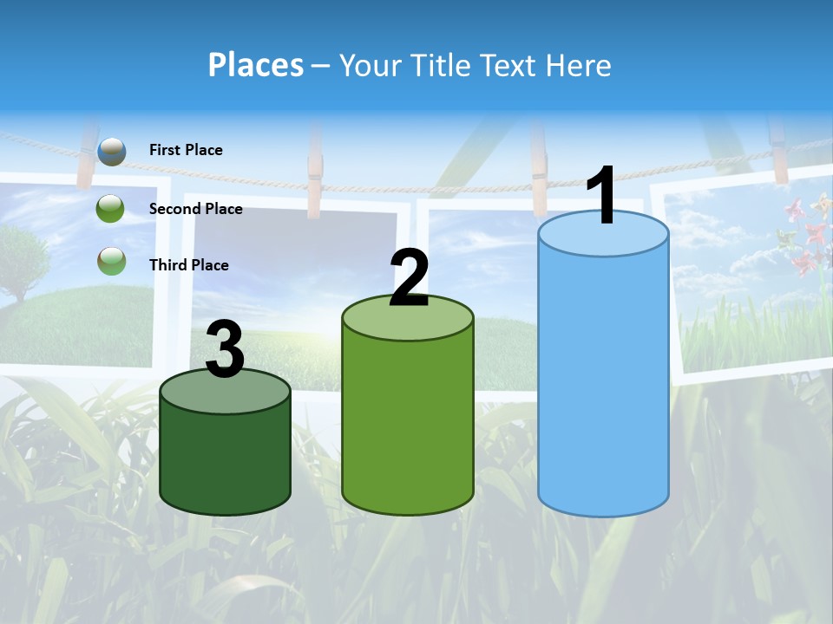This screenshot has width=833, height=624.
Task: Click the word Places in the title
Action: pos(256,65)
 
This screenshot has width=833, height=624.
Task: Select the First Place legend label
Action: pos(186,150)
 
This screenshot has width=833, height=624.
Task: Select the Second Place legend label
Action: pos(195,209)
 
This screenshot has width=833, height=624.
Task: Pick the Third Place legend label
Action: pos(188,265)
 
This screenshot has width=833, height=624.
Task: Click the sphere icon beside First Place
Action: pos(111,151)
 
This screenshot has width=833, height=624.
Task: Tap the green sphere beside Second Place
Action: pos(111,208)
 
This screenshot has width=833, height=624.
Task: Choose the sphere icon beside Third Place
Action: pos(111,260)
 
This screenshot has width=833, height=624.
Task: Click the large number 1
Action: pos(602,196)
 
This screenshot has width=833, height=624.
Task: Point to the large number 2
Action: pos(409,278)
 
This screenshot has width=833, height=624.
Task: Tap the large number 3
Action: pos(225,350)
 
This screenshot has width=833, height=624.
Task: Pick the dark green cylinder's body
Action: pos(225,455)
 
